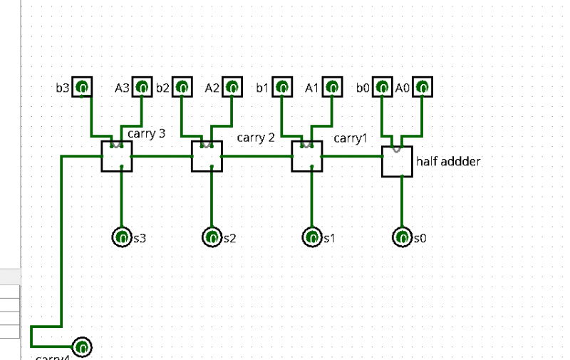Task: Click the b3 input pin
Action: click(x=82, y=88)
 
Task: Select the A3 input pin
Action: click(x=142, y=88)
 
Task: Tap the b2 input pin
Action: click(x=182, y=88)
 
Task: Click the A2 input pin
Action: click(x=232, y=88)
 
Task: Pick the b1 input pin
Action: click(x=282, y=88)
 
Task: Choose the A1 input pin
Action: click(x=332, y=88)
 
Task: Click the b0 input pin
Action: click(x=383, y=88)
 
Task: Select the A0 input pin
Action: click(x=423, y=88)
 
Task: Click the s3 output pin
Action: click(x=122, y=237)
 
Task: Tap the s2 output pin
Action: click(x=212, y=237)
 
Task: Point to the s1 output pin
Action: click(x=312, y=237)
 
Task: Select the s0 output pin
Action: click(x=403, y=237)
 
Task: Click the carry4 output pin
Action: click(x=82, y=347)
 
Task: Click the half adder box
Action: click(x=397, y=162)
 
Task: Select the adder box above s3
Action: click(x=117, y=156)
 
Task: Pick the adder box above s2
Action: click(x=207, y=156)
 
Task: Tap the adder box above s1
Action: click(x=307, y=156)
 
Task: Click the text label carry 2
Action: click(x=255, y=138)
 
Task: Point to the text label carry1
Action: click(x=351, y=138)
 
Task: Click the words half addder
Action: click(x=448, y=162)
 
